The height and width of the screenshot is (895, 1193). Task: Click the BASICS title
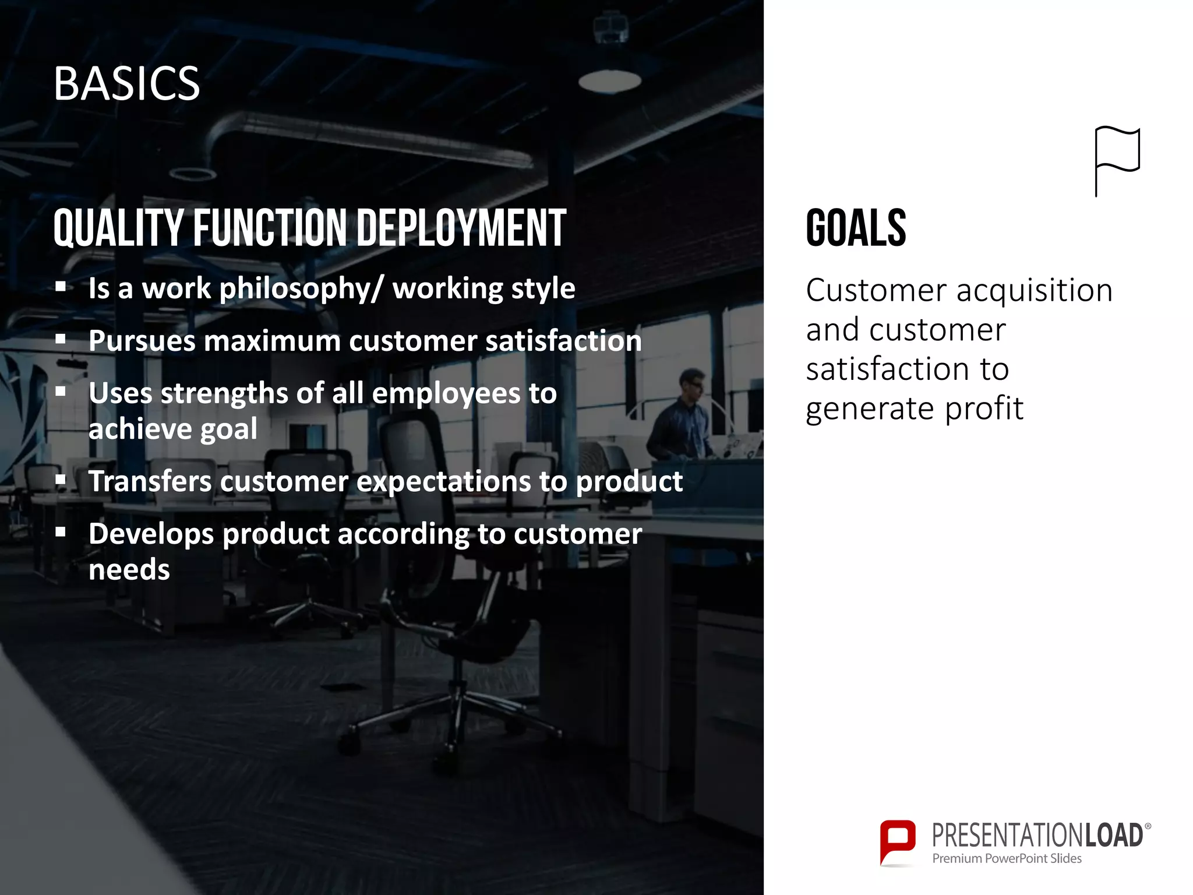pyautogui.click(x=126, y=83)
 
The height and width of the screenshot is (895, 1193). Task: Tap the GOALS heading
pyautogui.click(x=855, y=228)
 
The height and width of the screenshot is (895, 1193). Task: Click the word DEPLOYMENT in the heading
pyautogui.click(x=460, y=228)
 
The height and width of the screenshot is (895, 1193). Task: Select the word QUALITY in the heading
pyautogui.click(x=118, y=228)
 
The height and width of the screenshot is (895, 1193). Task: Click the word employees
pyautogui.click(x=446, y=394)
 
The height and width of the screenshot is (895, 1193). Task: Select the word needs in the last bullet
pyautogui.click(x=129, y=569)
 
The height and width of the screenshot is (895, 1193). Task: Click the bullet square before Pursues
pyautogui.click(x=61, y=339)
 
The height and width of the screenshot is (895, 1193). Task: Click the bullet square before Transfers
pyautogui.click(x=61, y=480)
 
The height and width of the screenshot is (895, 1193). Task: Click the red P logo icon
pyautogui.click(x=897, y=841)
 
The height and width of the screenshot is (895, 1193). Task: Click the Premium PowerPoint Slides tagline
pyautogui.click(x=1006, y=858)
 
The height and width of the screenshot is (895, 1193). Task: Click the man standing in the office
pyautogui.click(x=682, y=420)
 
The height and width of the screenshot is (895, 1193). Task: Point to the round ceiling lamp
pyautogui.click(x=609, y=81)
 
